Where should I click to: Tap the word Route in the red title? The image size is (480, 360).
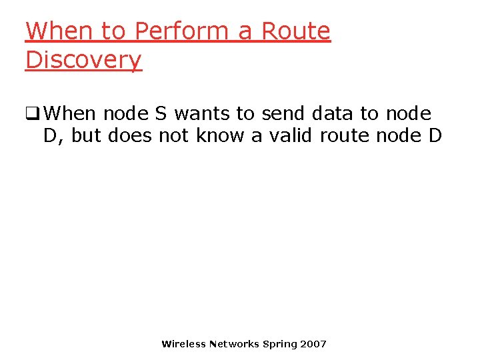[295, 31]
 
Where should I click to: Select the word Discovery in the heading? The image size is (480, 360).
[83, 59]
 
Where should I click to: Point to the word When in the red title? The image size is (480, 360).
[55, 31]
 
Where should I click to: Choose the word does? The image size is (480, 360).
[130, 135]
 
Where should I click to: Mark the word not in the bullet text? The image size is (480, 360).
[175, 135]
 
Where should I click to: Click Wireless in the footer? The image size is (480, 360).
[183, 344]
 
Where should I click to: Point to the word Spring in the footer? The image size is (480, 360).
[280, 344]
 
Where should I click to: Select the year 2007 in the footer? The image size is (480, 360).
[313, 344]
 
